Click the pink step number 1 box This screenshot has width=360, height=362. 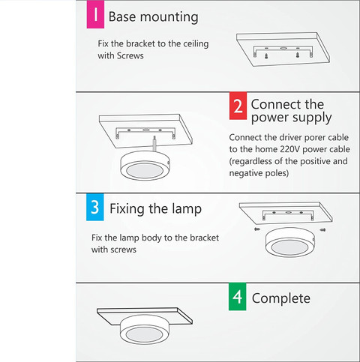[95, 14]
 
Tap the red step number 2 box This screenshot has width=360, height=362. [238, 106]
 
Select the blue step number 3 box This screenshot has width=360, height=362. [95, 207]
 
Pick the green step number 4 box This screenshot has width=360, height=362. [237, 297]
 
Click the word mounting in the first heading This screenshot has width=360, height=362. [169, 17]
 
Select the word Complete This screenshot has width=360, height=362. [281, 298]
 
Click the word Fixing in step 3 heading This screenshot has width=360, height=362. [127, 209]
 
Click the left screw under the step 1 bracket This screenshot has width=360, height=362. [266, 56]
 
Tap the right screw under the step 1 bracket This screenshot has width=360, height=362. [298, 55]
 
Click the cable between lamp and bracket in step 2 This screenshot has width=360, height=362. [155, 144]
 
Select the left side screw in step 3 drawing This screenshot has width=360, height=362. [257, 229]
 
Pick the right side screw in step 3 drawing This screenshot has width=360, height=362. [322, 229]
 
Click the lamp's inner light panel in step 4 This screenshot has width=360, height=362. [143, 334]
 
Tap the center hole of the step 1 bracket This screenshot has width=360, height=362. [283, 48]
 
